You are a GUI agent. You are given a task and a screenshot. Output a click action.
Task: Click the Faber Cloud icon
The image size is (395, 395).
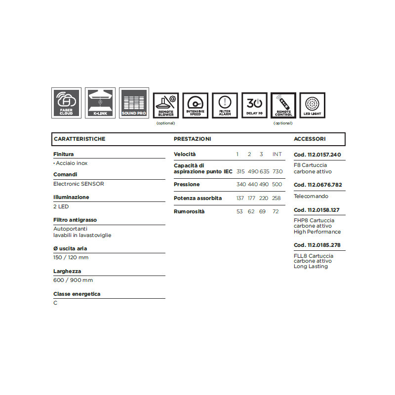(x=66, y=103)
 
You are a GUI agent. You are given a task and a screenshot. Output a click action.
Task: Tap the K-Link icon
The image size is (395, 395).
(x=100, y=103)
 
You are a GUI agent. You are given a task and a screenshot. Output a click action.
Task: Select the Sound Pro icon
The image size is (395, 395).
(x=134, y=103)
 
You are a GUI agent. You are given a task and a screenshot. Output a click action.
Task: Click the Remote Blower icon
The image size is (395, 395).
(x=166, y=105)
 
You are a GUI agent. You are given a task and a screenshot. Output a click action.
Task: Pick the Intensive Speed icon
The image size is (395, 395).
(x=196, y=105)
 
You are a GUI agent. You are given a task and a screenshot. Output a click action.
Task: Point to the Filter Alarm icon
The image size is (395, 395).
(x=225, y=105)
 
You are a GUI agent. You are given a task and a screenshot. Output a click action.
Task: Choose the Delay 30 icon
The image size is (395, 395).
(x=255, y=105)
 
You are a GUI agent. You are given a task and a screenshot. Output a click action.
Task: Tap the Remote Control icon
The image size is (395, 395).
(x=283, y=105)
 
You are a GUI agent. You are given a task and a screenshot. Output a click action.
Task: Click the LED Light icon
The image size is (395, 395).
(x=312, y=105)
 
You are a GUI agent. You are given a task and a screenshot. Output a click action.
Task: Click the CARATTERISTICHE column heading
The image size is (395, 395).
(x=79, y=139)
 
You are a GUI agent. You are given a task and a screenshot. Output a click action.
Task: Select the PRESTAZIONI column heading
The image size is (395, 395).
(x=192, y=139)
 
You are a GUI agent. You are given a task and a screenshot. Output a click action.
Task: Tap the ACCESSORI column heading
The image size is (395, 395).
(x=310, y=139)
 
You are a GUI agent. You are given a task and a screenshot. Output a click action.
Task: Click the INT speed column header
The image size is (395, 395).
(x=277, y=155)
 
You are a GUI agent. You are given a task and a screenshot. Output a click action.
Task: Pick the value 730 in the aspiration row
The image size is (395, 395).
(x=277, y=171)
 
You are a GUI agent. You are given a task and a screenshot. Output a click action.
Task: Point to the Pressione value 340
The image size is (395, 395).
(x=241, y=185)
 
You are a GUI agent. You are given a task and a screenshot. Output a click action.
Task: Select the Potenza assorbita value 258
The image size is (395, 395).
(x=276, y=198)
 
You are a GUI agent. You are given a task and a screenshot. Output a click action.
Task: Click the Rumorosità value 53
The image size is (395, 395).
(x=240, y=212)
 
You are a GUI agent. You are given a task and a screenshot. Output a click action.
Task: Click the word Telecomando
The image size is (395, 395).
(x=310, y=196)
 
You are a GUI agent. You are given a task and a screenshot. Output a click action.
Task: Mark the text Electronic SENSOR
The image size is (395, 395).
(x=79, y=184)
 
